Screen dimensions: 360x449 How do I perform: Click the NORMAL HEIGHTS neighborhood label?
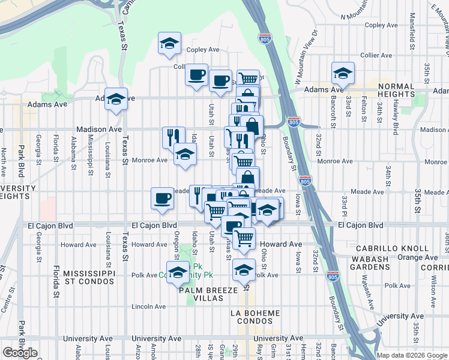coord(396,90)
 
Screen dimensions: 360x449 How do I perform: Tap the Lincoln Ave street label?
coord(148,307)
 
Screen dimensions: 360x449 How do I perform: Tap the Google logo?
coord(20,353)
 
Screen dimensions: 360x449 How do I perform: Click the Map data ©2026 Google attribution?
coord(412,355)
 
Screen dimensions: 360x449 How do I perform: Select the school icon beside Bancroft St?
coord(343,73)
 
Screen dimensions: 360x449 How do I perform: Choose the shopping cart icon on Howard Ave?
coord(244,238)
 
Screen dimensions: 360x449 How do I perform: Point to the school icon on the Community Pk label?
coord(177,272)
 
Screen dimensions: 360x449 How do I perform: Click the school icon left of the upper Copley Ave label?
coord(169,43)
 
